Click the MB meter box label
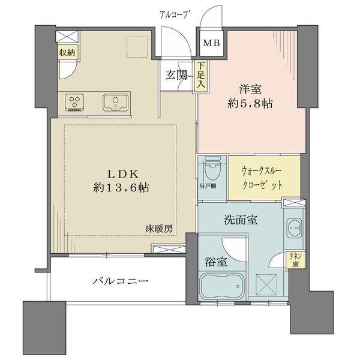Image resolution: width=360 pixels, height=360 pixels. [209, 43]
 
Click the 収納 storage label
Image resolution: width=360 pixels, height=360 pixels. [67, 52]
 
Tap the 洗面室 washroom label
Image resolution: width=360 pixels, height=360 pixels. [242, 220]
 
